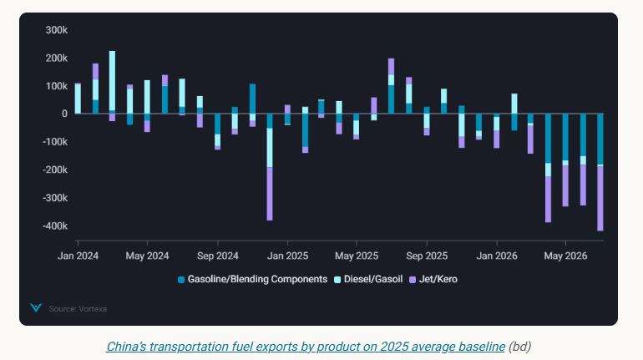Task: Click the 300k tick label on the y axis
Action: click(x=57, y=30)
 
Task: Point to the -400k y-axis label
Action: click(x=55, y=226)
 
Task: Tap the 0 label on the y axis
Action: click(x=64, y=114)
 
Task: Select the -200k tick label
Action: click(x=55, y=170)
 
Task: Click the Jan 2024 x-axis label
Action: click(x=78, y=256)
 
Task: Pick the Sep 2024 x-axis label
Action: click(x=218, y=256)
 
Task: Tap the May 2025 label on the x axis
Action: click(x=357, y=256)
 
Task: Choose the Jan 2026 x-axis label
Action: click(x=497, y=256)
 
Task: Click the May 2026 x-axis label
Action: click(x=565, y=256)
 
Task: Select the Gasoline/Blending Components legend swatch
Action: click(x=181, y=280)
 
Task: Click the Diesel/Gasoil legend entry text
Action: click(x=373, y=279)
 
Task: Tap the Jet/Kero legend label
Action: click(x=438, y=279)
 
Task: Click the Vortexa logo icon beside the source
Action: click(x=36, y=307)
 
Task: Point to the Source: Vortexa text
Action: click(x=78, y=309)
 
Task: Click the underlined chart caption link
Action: click(x=306, y=347)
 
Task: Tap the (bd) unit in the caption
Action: click(x=519, y=347)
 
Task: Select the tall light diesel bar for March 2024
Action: click(x=113, y=81)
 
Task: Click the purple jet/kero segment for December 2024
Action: click(x=270, y=194)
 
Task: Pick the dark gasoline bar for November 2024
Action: click(x=252, y=102)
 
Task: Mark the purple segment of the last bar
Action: click(x=600, y=199)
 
